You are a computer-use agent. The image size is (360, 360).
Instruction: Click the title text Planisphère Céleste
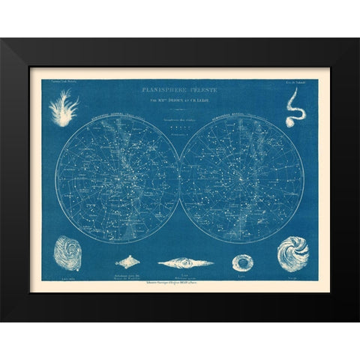[181, 88]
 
